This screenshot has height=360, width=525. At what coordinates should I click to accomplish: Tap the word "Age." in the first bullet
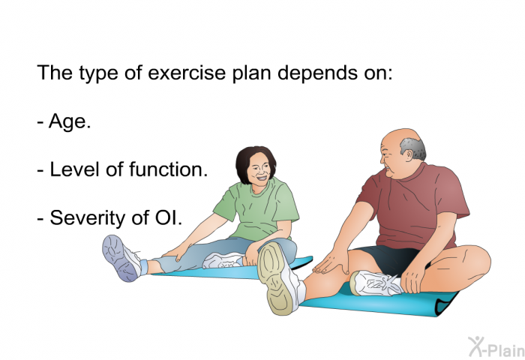70,122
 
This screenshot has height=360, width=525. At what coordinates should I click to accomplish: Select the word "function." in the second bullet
169,170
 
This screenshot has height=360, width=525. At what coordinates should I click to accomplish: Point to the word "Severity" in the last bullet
85,218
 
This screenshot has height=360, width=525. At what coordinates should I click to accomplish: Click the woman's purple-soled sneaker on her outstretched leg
120,257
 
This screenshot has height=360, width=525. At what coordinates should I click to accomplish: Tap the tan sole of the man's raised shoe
280,277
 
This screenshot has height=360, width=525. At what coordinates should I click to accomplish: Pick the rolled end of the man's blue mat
448,299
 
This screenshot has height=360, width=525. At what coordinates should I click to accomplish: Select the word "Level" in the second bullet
71,170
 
